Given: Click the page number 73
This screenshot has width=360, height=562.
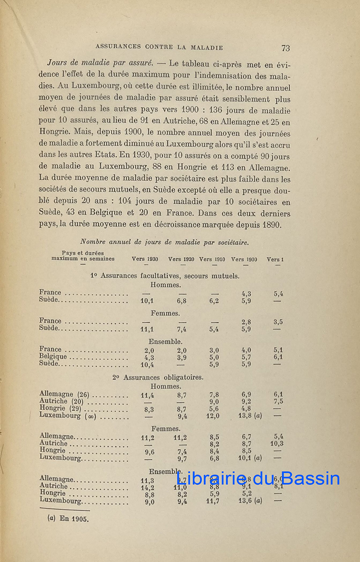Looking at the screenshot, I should [x=286, y=48].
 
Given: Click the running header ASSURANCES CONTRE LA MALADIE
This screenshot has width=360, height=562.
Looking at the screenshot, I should [x=159, y=47].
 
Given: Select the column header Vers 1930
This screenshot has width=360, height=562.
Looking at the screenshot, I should [x=145, y=259].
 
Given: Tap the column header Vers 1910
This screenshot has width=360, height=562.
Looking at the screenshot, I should [x=212, y=259].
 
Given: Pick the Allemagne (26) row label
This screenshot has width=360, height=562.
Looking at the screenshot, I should [x=64, y=394].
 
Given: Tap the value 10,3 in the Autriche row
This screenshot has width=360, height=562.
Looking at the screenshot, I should [x=277, y=444].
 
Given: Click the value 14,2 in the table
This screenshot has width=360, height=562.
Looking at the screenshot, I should [x=147, y=487].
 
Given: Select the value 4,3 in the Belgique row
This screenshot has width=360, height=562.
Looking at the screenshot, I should [x=147, y=357].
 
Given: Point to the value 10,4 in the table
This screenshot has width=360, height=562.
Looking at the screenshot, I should [x=147, y=364].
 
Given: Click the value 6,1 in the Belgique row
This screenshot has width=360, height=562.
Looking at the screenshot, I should [x=278, y=357].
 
